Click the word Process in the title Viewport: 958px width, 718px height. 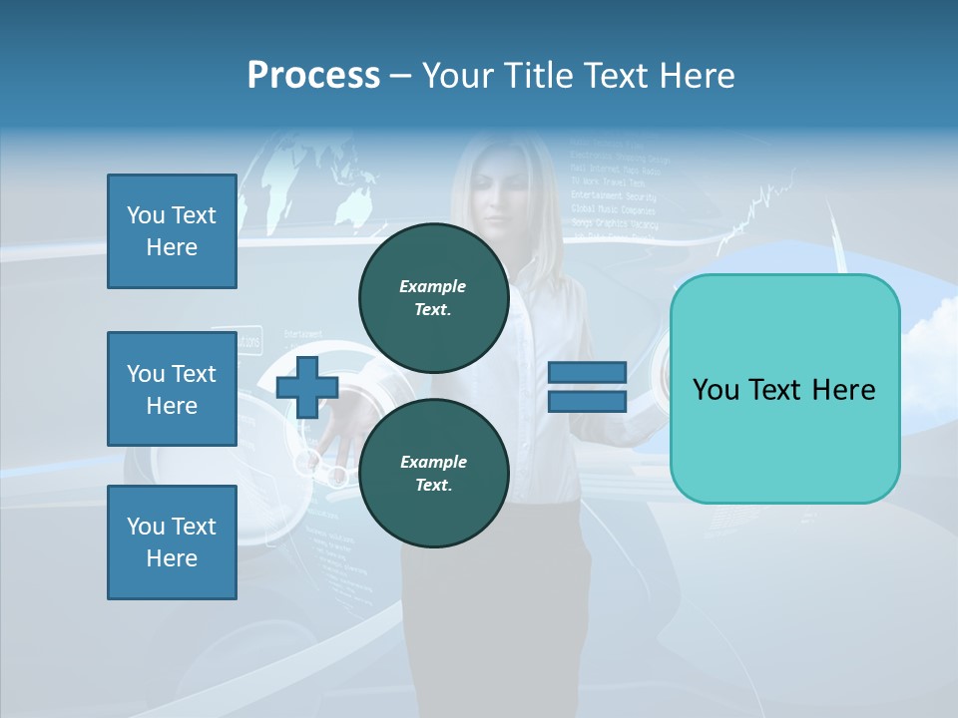313,76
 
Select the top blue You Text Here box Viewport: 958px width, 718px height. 172,231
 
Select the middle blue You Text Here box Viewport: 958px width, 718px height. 172,389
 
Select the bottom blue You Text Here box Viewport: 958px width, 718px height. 172,542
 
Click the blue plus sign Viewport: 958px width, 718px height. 306,387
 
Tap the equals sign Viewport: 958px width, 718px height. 587,387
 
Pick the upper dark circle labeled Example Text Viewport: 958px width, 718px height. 433,297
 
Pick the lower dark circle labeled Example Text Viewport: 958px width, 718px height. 433,473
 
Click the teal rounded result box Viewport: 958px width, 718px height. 784,389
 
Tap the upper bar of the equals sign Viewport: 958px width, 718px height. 587,373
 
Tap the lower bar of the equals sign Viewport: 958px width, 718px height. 587,401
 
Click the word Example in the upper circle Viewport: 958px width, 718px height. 433,286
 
